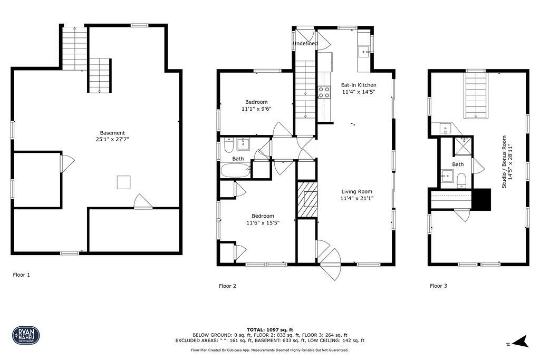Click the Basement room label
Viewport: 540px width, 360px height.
[x=113, y=133]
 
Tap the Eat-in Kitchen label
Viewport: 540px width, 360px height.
[x=359, y=85]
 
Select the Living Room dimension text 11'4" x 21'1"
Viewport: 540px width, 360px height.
[x=356, y=199]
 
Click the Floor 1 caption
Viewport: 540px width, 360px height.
[x=22, y=275]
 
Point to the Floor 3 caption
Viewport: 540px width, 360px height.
[x=438, y=286]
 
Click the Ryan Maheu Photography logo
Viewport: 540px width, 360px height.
[x=26, y=335]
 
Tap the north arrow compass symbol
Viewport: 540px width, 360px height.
[x=521, y=342]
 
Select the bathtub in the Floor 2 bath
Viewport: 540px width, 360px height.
[x=235, y=170]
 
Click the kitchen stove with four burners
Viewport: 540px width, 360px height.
[x=323, y=93]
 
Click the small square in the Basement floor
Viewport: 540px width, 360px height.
[x=124, y=182]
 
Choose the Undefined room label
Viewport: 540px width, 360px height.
[x=305, y=43]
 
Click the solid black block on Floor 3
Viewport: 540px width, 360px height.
[x=480, y=199]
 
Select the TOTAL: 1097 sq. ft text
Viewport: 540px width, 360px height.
[x=269, y=329]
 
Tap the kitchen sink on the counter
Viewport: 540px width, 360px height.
[x=364, y=52]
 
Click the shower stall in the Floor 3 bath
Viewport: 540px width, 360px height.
[x=464, y=145]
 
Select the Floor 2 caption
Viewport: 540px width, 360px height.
[x=227, y=286]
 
